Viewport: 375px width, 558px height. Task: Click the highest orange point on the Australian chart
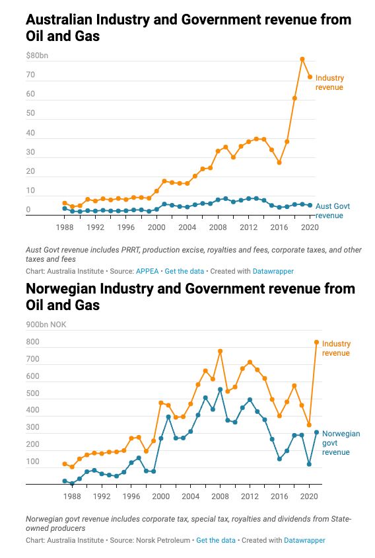(302, 59)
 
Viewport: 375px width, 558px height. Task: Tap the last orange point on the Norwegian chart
(316, 342)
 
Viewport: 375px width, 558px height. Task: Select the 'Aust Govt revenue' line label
(333, 210)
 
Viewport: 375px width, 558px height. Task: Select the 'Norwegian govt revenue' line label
(341, 443)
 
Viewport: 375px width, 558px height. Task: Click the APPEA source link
(146, 271)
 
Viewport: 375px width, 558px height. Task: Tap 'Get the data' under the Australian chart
(184, 271)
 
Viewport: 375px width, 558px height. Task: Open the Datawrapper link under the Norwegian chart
(304, 540)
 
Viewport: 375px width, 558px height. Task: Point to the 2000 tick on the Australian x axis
(156, 227)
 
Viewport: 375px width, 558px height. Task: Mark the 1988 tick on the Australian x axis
(64, 227)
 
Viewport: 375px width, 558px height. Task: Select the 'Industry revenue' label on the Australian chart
(329, 83)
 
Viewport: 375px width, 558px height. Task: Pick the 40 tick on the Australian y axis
(30, 133)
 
